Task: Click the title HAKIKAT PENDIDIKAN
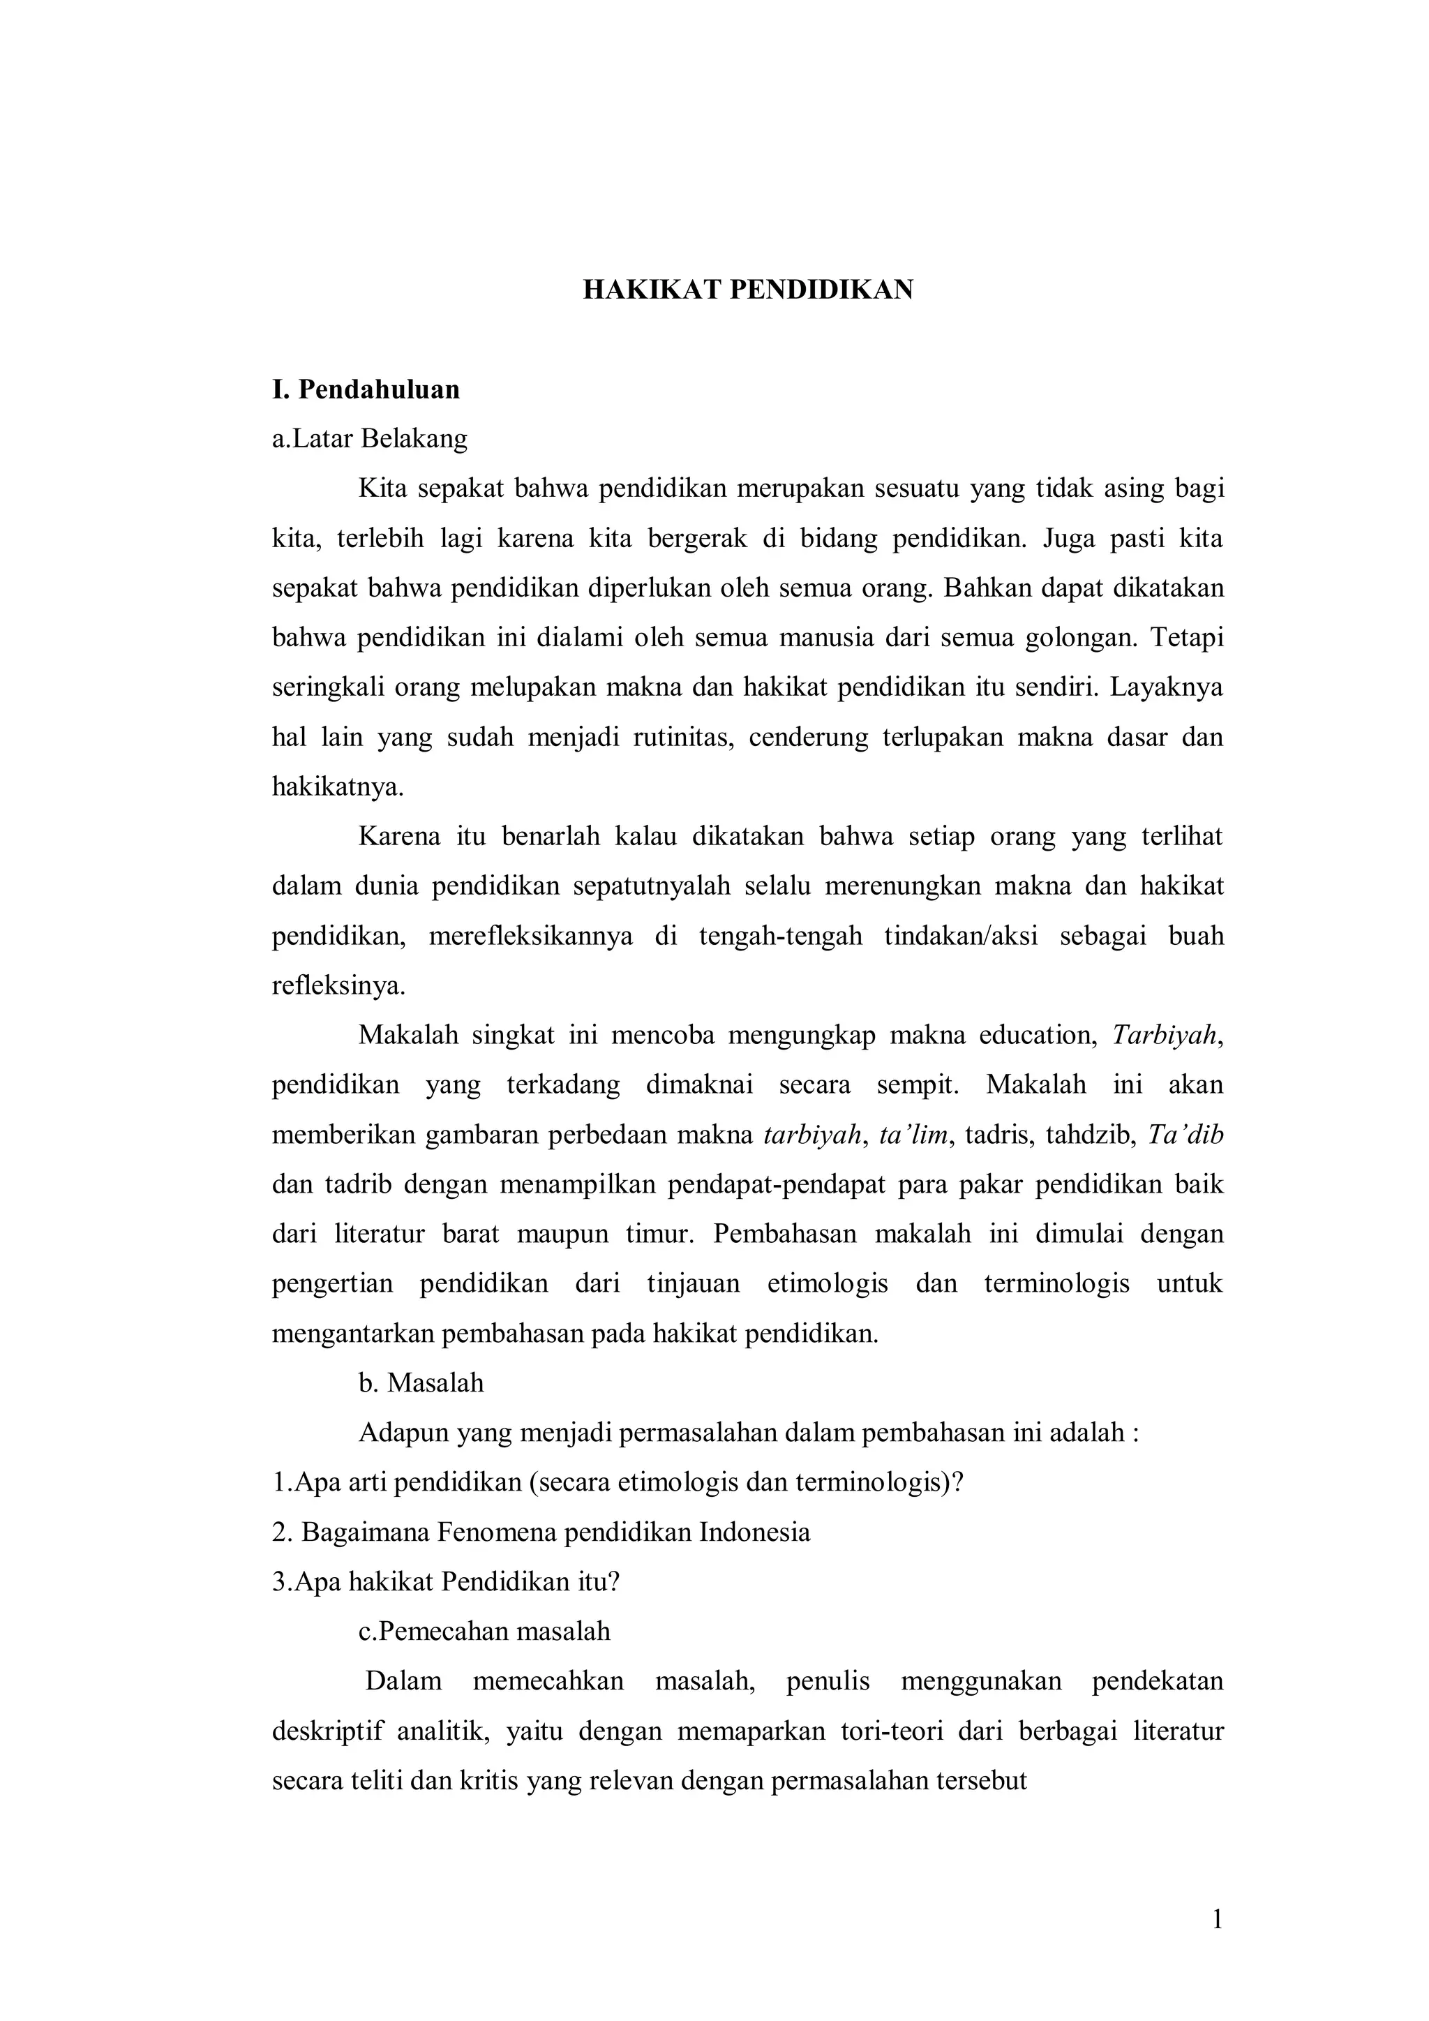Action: [x=747, y=290]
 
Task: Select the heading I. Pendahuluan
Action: [x=366, y=389]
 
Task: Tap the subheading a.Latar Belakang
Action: [x=370, y=438]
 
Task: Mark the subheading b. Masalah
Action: [x=421, y=1383]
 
